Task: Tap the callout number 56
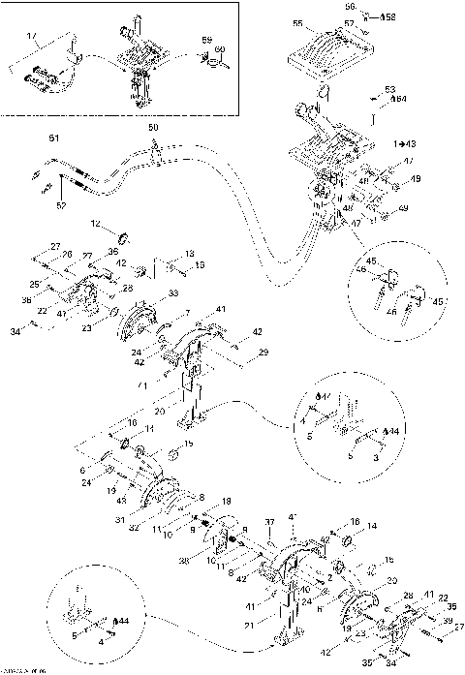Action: (351, 7)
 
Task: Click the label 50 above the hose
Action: (152, 128)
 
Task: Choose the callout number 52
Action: (60, 205)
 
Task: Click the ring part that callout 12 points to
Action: (123, 237)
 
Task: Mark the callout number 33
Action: (173, 292)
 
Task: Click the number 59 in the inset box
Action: (205, 39)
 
